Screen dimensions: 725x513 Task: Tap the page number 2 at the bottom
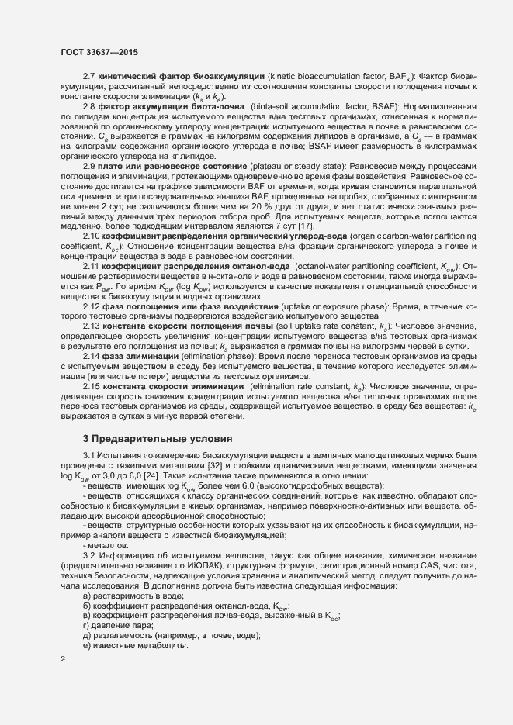coord(62,659)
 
